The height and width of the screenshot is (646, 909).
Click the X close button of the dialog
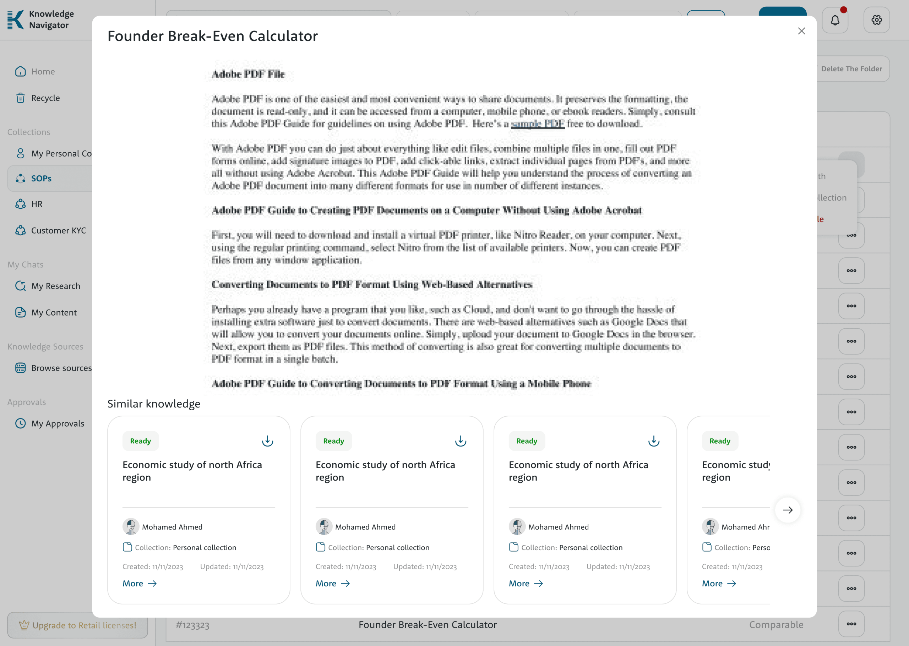click(801, 31)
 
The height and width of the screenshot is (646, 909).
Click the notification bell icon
click(835, 20)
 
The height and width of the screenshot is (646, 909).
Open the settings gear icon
click(876, 20)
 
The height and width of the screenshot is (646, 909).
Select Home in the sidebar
click(43, 72)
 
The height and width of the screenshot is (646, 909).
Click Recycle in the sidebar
click(45, 98)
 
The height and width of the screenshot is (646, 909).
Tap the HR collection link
click(37, 204)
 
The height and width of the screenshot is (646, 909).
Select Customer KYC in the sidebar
click(58, 230)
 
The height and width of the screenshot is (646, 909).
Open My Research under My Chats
click(55, 286)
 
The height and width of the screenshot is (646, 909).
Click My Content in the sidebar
click(54, 312)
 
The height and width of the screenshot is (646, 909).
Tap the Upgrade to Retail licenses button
click(77, 625)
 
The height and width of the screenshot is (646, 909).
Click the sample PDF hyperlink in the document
click(538, 124)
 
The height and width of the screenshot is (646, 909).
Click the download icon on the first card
click(267, 441)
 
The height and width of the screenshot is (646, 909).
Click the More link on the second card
click(332, 583)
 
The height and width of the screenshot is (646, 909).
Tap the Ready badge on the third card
click(526, 441)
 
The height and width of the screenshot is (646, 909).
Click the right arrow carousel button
click(787, 510)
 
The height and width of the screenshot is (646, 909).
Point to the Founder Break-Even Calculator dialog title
click(212, 36)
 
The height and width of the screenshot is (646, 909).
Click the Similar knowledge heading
click(153, 404)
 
